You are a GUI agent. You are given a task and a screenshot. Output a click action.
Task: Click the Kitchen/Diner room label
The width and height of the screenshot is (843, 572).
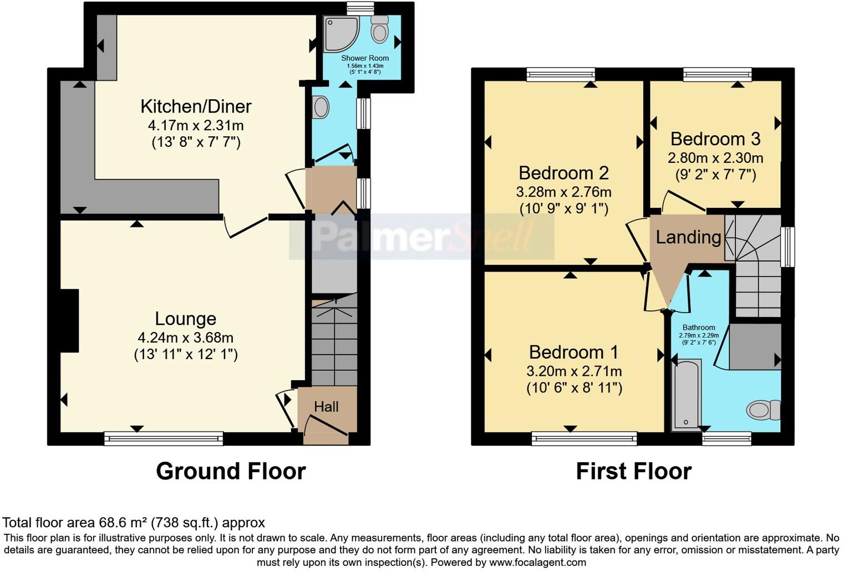click(196, 106)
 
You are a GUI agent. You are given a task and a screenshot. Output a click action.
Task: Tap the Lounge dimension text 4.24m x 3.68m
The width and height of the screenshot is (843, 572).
click(185, 338)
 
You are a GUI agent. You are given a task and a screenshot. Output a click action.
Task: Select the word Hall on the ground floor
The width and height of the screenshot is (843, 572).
click(326, 407)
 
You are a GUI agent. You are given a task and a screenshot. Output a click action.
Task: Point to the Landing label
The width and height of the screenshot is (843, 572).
click(688, 237)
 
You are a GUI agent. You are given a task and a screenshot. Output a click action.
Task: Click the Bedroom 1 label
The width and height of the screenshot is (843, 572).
click(573, 352)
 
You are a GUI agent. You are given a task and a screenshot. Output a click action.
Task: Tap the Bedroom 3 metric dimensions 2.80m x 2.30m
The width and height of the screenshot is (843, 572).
click(715, 158)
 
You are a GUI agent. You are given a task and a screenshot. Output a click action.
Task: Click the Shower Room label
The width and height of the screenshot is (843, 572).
click(365, 58)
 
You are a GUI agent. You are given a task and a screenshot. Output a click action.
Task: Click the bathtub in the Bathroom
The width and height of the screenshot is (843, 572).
click(687, 394)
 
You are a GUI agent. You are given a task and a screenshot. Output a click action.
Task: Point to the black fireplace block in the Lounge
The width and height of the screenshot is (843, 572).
click(69, 320)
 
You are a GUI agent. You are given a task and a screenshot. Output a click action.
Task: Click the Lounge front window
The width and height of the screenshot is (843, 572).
click(164, 439)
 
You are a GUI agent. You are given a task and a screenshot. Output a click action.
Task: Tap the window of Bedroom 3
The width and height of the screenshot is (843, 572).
click(717, 74)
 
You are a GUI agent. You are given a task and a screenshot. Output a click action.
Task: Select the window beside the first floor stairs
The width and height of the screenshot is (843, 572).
click(787, 247)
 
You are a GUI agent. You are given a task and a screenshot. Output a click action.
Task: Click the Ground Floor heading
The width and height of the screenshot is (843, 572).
click(231, 471)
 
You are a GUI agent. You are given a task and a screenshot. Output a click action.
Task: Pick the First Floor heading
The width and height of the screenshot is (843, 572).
click(633, 471)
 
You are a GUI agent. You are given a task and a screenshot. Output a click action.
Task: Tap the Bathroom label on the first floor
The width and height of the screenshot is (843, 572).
click(699, 327)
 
